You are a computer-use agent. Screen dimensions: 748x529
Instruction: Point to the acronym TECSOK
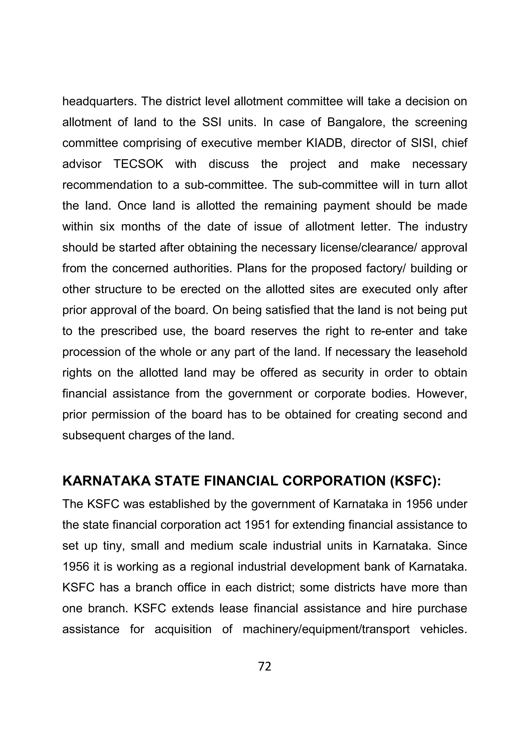(x=138, y=164)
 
